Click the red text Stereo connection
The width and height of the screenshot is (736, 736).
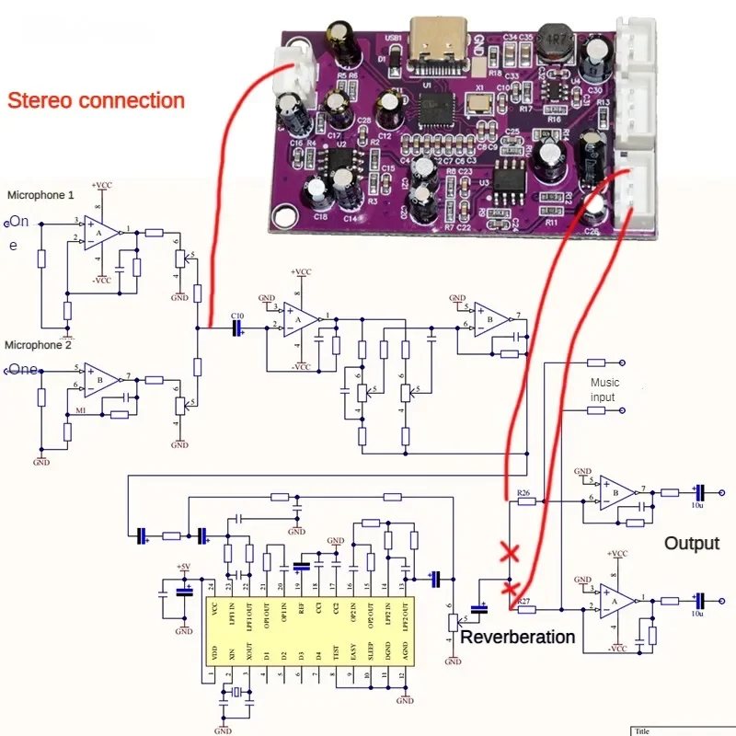(96, 100)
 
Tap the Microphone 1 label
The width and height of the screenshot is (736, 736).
(40, 195)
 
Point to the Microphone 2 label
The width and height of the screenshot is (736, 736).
(38, 345)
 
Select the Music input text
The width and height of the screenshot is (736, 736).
(604, 389)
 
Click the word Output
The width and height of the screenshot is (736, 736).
(692, 543)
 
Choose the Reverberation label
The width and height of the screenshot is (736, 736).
(518, 637)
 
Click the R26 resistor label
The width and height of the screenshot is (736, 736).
(525, 493)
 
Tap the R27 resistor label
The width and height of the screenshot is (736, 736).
(525, 601)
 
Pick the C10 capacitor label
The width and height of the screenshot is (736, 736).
(237, 316)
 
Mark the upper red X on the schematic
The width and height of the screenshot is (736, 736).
(507, 553)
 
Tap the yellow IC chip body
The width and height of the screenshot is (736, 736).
(309, 631)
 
